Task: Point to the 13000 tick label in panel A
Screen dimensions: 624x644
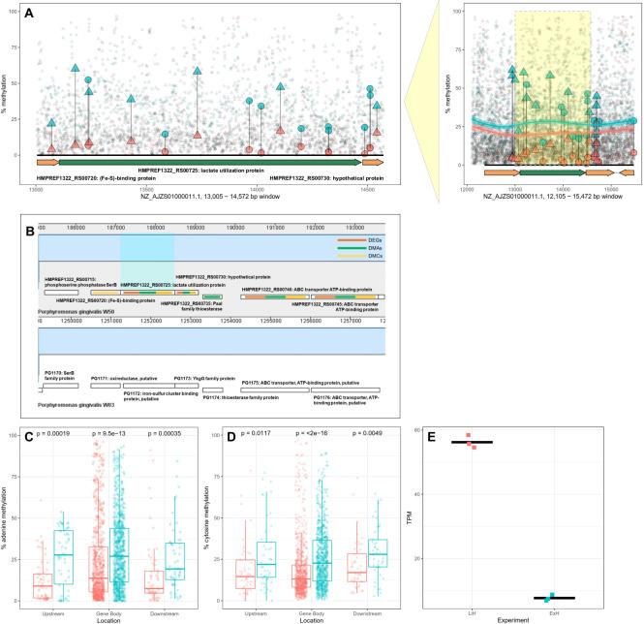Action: click(36, 189)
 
